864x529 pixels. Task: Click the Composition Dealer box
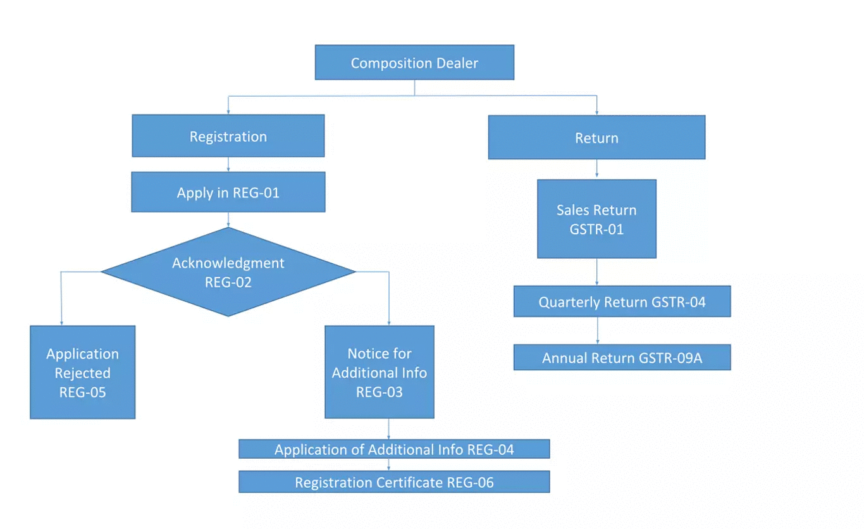click(414, 63)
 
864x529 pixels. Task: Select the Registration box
click(228, 136)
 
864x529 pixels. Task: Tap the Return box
click(596, 137)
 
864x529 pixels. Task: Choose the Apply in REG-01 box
click(228, 192)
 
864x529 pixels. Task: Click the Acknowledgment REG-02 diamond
click(228, 272)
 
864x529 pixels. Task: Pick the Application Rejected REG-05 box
click(82, 372)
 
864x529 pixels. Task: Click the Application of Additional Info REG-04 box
click(393, 449)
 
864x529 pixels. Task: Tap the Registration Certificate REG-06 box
click(393, 482)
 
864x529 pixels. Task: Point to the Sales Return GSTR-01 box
click(596, 219)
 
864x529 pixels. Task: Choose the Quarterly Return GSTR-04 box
click(622, 302)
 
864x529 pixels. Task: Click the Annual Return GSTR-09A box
click(622, 358)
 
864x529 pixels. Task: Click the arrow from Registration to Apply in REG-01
click(228, 165)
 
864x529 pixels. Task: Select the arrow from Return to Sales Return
click(596, 169)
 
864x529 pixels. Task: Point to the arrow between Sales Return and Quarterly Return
click(596, 272)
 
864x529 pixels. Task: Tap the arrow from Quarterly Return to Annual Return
click(598, 330)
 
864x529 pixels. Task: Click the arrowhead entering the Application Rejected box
click(61, 323)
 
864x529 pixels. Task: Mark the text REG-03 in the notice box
click(379, 392)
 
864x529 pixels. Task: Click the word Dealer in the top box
click(457, 63)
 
